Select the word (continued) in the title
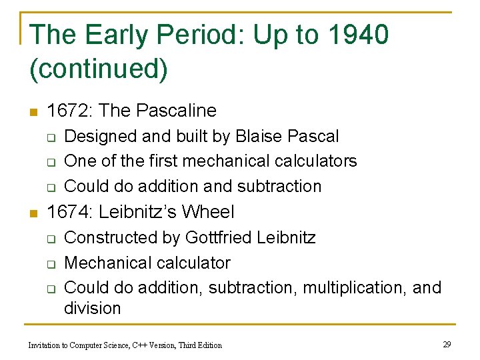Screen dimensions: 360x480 (x=99, y=69)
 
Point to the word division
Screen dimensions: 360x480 (x=92, y=308)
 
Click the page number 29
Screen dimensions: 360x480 (x=447, y=344)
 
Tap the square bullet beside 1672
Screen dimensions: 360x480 (x=34, y=111)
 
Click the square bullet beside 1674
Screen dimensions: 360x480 (x=34, y=213)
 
